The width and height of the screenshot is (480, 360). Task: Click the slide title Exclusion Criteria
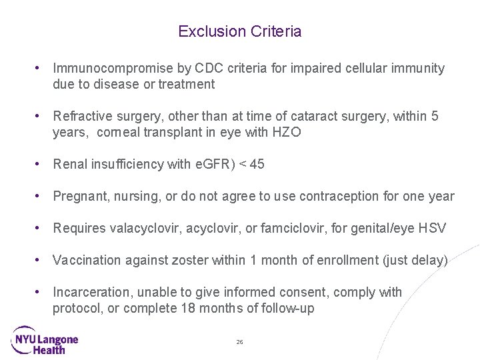(x=240, y=31)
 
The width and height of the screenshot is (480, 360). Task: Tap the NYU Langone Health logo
(x=45, y=339)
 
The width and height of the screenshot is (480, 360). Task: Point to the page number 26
(x=240, y=342)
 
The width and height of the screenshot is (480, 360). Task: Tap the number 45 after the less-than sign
(x=257, y=164)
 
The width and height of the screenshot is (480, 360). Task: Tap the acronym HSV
(x=433, y=228)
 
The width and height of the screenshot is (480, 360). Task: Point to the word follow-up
(x=290, y=308)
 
